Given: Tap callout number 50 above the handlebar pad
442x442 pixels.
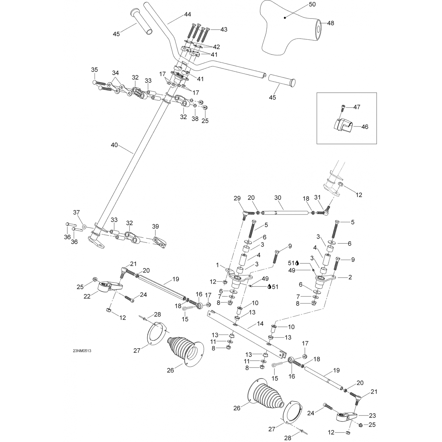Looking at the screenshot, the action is (312, 4).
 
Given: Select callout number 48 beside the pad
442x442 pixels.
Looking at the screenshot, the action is (331, 23).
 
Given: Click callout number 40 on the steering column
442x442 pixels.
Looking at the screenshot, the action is (114, 145).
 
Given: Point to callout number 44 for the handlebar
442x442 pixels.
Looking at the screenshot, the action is (187, 14).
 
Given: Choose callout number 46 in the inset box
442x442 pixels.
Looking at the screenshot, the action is (365, 127).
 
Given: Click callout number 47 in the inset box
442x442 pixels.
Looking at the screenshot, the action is (357, 107).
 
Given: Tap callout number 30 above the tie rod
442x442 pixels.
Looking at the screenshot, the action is (278, 198).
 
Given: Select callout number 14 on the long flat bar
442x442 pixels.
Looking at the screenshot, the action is (260, 324).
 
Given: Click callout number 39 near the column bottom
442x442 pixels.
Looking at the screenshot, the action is (155, 226).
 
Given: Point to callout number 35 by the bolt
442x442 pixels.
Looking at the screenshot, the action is (94, 70).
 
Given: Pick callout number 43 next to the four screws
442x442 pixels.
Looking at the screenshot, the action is (224, 29).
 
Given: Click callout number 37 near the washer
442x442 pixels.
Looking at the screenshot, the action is (77, 212).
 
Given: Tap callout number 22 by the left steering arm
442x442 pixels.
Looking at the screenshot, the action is (87, 296).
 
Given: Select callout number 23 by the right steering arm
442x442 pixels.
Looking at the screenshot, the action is (372, 415).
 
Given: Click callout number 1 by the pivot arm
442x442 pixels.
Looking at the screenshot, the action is (218, 265).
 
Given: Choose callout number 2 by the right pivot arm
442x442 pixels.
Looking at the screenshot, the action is (350, 277).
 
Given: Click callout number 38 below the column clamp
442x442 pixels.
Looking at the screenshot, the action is (195, 119).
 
